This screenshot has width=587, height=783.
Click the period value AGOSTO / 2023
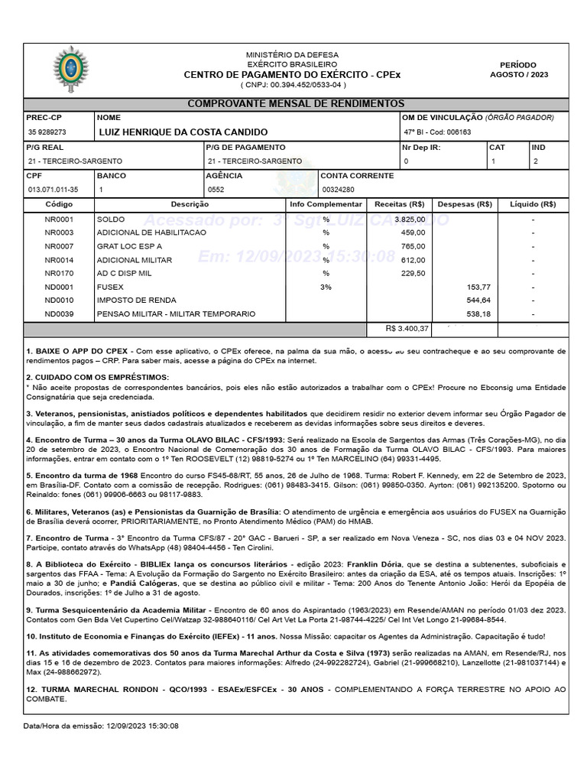coord(518,75)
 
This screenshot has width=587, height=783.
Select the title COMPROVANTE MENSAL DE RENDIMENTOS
coord(296,104)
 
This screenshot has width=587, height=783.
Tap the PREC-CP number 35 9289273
coord(47,132)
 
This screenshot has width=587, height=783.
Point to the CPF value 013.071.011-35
coord(53,190)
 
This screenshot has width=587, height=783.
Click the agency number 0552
coord(216,190)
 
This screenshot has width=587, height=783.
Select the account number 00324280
coord(338,190)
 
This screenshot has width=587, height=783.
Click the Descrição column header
coord(190,205)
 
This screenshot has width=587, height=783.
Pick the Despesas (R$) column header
coord(464,205)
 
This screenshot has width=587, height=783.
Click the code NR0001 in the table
coord(59,219)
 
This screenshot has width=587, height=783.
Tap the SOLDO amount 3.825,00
coord(410,219)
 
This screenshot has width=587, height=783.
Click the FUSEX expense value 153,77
coord(478,287)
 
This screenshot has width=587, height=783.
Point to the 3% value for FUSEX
coord(326,287)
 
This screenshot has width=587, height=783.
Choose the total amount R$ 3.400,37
coord(408,329)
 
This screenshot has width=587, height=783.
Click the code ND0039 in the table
coord(59,314)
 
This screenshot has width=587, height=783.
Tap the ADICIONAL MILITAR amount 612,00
coord(413,260)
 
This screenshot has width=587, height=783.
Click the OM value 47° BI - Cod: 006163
coord(437,132)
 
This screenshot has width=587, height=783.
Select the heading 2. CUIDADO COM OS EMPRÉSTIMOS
coord(98,378)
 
